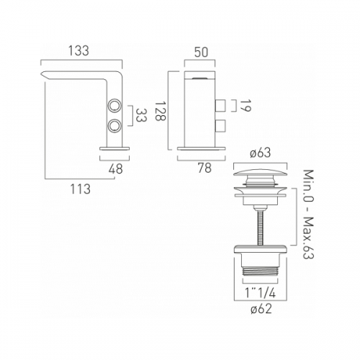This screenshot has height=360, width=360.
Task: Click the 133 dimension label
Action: click(78, 51)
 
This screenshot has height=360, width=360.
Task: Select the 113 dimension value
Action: click(81, 189)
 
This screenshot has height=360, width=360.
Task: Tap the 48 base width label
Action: click(115, 168)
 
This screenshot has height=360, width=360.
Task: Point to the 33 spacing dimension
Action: click(141, 115)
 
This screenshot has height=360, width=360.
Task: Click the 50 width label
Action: click(201, 53)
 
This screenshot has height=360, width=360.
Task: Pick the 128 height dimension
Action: click(160, 111)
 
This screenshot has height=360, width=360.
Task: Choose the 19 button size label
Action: click(245, 106)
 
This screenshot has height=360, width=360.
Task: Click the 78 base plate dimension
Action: click(204, 168)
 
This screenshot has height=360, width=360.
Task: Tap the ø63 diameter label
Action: click(261, 153)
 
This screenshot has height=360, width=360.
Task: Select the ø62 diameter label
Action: click(261, 309)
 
